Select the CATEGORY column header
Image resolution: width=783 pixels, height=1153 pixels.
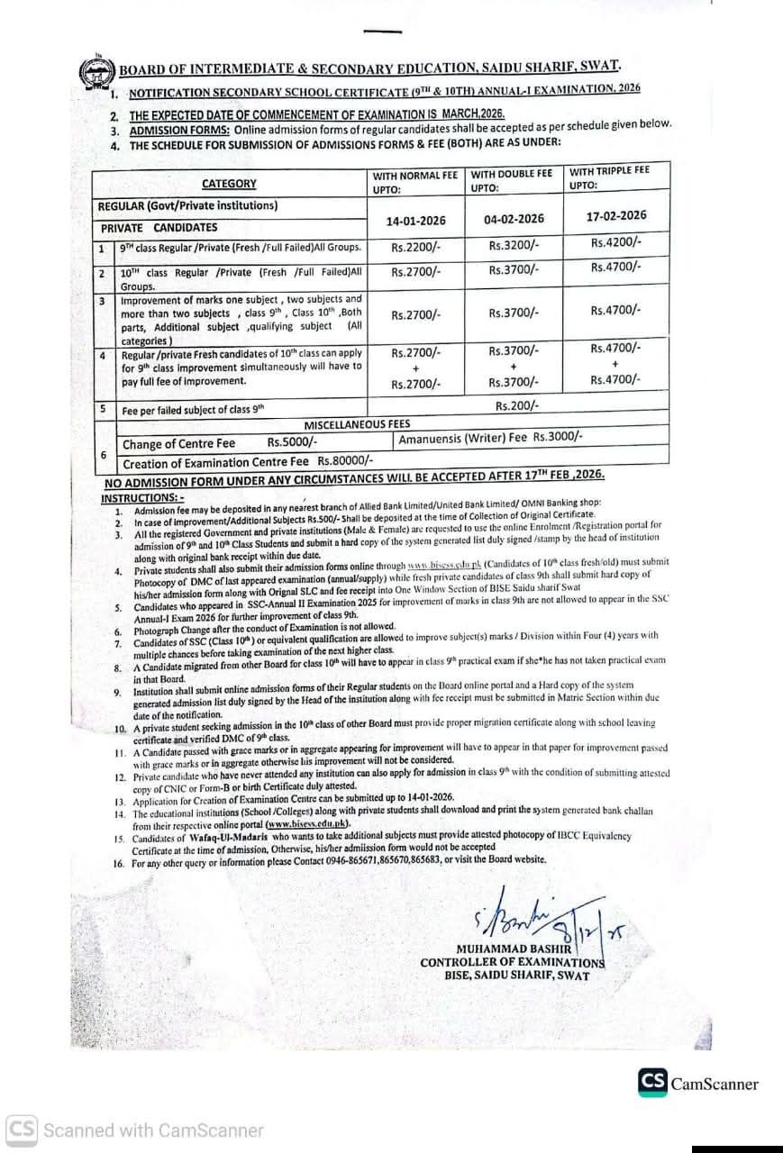pyautogui.click(x=229, y=184)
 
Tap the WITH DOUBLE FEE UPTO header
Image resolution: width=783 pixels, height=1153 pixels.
pyautogui.click(x=512, y=180)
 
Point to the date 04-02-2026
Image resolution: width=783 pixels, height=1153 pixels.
pyautogui.click(x=514, y=219)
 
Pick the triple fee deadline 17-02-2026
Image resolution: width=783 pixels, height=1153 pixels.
pyautogui.click(x=616, y=215)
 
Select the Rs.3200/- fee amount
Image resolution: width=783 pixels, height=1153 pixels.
pyautogui.click(x=514, y=244)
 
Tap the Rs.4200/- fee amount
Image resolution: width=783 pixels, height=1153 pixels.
pyautogui.click(x=616, y=241)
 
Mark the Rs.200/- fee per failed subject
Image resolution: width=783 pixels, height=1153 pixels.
pyautogui.click(x=517, y=405)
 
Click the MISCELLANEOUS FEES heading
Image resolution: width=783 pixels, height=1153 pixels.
pyautogui.click(x=358, y=423)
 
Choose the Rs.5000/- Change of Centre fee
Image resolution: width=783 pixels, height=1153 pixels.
pyautogui.click(x=292, y=443)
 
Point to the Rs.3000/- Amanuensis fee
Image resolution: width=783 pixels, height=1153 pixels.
pyautogui.click(x=558, y=436)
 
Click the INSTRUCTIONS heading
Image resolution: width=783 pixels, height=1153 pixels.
pyautogui.click(x=141, y=497)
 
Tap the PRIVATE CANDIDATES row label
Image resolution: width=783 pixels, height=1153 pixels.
pyautogui.click(x=159, y=228)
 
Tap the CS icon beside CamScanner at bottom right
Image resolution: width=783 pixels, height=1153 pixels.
pyautogui.click(x=653, y=1082)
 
